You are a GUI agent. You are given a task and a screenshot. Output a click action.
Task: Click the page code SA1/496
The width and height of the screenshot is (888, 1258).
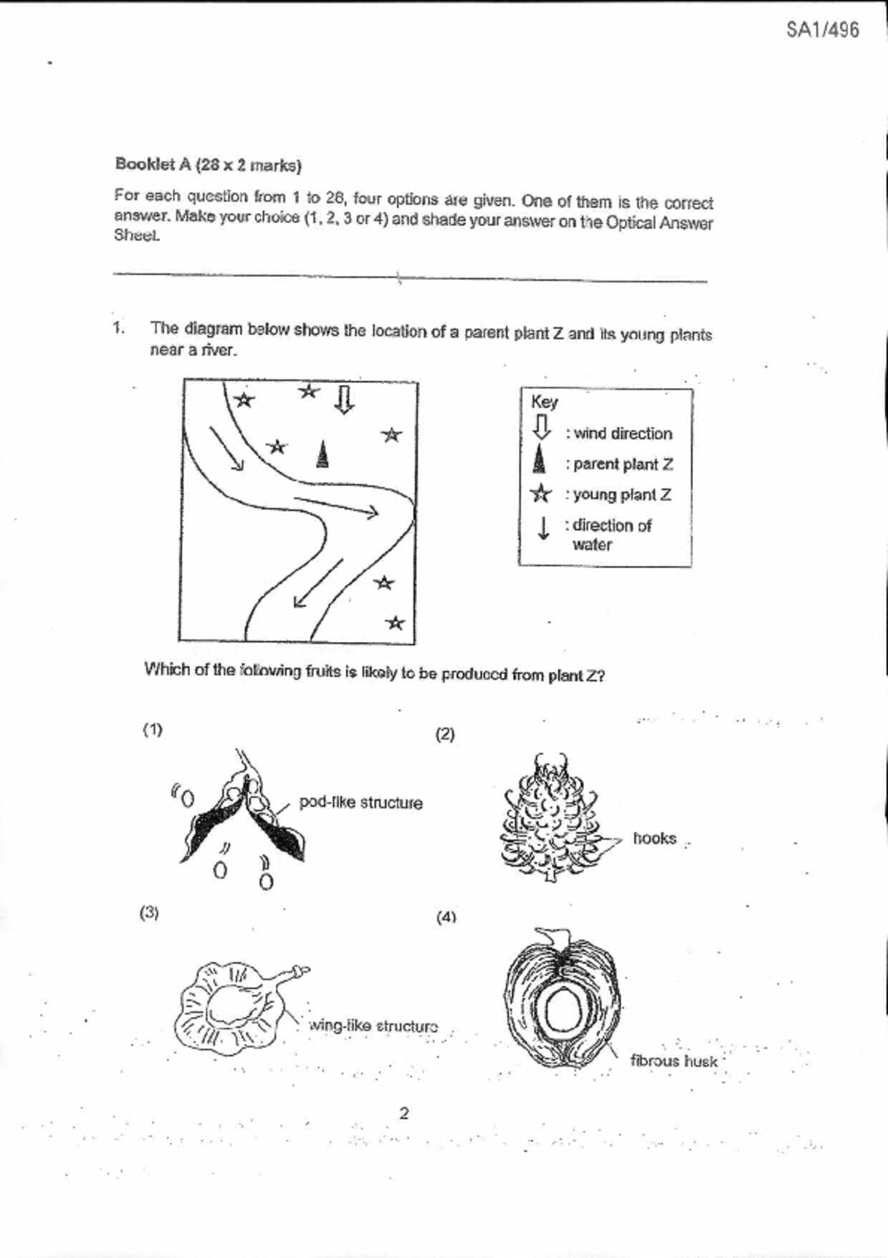(x=822, y=30)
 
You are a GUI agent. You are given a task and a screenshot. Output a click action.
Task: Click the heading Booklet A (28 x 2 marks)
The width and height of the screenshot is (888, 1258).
(x=208, y=165)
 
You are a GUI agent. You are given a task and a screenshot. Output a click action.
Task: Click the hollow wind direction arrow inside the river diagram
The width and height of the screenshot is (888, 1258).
(x=345, y=399)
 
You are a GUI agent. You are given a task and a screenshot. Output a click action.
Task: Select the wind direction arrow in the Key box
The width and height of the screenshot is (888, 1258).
(x=543, y=427)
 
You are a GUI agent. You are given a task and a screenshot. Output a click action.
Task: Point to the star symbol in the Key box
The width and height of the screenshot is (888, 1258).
(x=541, y=494)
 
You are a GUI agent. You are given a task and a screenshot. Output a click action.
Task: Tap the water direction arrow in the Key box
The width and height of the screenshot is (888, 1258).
(x=544, y=528)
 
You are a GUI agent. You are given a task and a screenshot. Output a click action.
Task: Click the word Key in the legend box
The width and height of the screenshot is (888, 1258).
(x=545, y=402)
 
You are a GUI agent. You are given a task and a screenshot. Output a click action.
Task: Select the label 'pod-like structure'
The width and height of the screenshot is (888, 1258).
(x=361, y=803)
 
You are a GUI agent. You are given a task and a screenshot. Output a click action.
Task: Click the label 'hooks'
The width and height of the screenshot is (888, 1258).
(x=654, y=838)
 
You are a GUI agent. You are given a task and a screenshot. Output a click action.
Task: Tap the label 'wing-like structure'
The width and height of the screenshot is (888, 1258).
(x=373, y=1026)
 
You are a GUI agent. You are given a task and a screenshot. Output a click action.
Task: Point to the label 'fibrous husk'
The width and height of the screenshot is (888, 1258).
(x=674, y=1061)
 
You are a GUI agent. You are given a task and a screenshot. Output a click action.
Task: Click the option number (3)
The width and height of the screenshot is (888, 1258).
(x=149, y=913)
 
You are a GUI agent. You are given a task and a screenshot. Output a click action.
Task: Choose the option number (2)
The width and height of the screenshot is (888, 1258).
(x=445, y=734)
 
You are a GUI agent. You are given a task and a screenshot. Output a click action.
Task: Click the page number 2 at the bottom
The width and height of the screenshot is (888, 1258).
(x=404, y=1113)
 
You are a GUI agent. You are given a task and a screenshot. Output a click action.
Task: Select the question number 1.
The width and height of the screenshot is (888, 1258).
(x=118, y=328)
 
